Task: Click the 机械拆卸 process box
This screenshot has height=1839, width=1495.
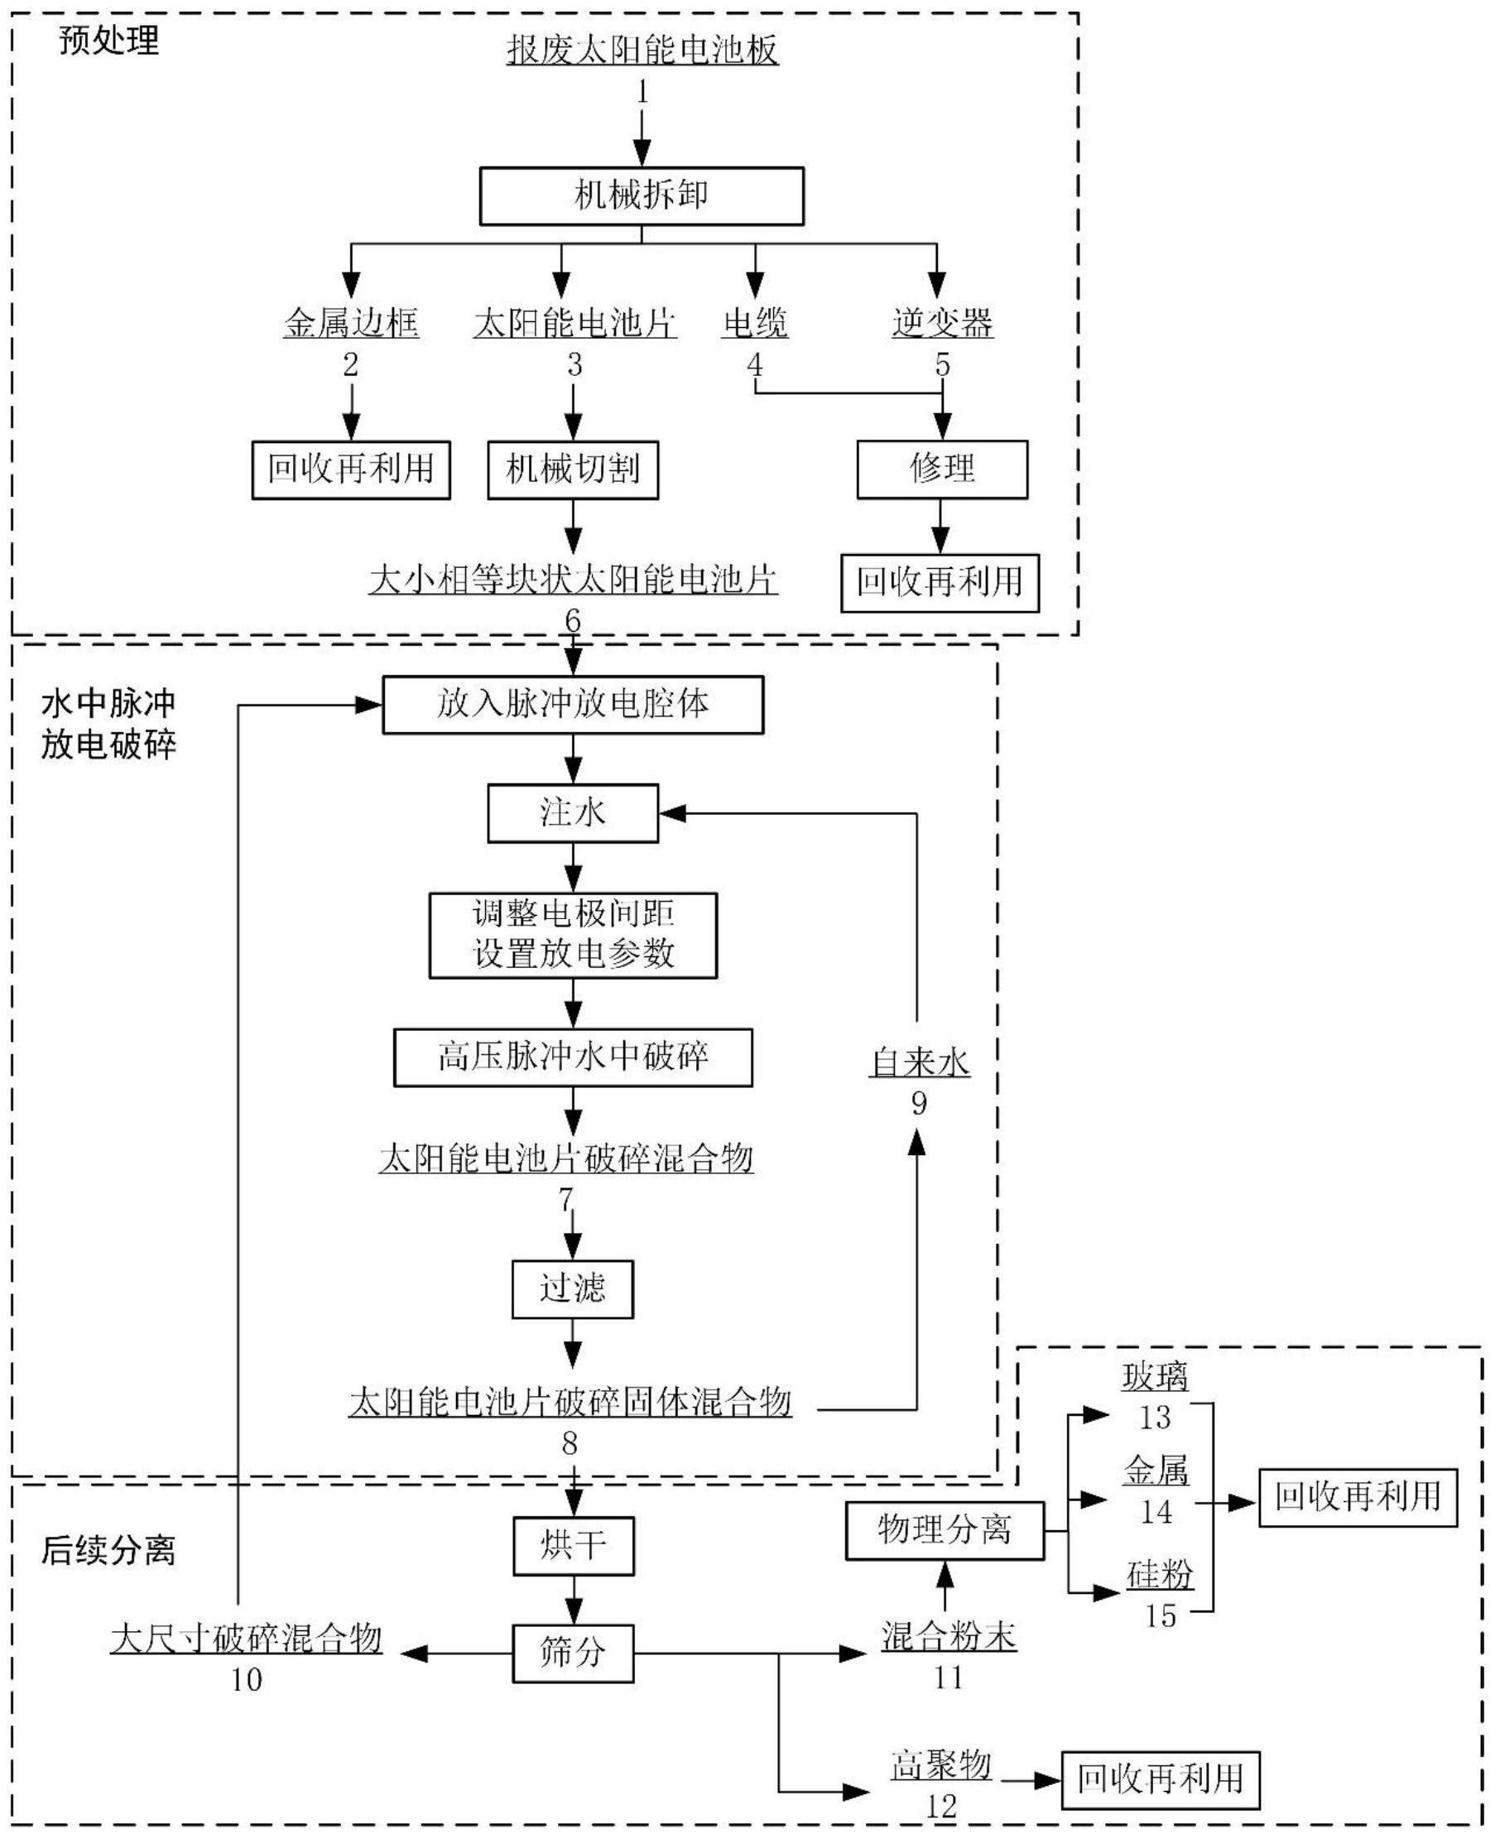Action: (x=642, y=196)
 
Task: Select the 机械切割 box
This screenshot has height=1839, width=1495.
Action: (x=573, y=469)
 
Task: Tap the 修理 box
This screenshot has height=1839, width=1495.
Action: (x=942, y=469)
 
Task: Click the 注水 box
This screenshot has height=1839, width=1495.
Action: (x=573, y=812)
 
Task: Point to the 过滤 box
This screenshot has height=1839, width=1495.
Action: (x=573, y=1288)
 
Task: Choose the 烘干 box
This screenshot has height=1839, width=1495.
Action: (x=573, y=1545)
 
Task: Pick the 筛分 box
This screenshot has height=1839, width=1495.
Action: (x=573, y=1653)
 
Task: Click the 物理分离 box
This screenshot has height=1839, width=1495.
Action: (x=945, y=1531)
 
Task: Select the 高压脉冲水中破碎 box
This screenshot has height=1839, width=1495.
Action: (x=573, y=1057)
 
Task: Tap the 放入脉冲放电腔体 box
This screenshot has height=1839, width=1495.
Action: (x=573, y=705)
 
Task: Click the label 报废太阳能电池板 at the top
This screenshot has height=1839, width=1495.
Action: (x=642, y=50)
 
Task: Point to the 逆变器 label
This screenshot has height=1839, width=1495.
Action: (x=942, y=323)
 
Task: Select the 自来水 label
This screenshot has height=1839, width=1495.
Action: (x=920, y=1063)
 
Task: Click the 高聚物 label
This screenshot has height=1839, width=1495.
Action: (x=941, y=1765)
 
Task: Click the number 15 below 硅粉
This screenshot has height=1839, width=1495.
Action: (x=1160, y=1616)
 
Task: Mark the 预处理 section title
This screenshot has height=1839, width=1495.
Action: (x=109, y=41)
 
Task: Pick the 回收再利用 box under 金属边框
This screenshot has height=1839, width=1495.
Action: (x=350, y=469)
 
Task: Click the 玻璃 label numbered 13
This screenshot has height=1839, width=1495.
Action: (x=1155, y=1376)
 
